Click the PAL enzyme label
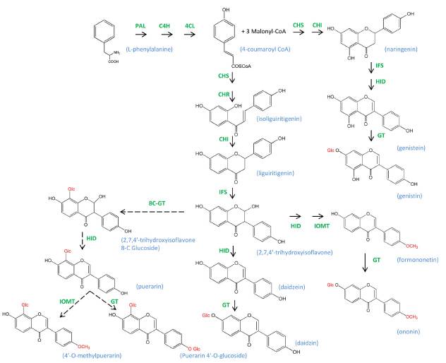click(x=140, y=25)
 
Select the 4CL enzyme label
click(x=190, y=25)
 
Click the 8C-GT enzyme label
click(x=156, y=203)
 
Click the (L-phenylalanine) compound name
click(x=147, y=49)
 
